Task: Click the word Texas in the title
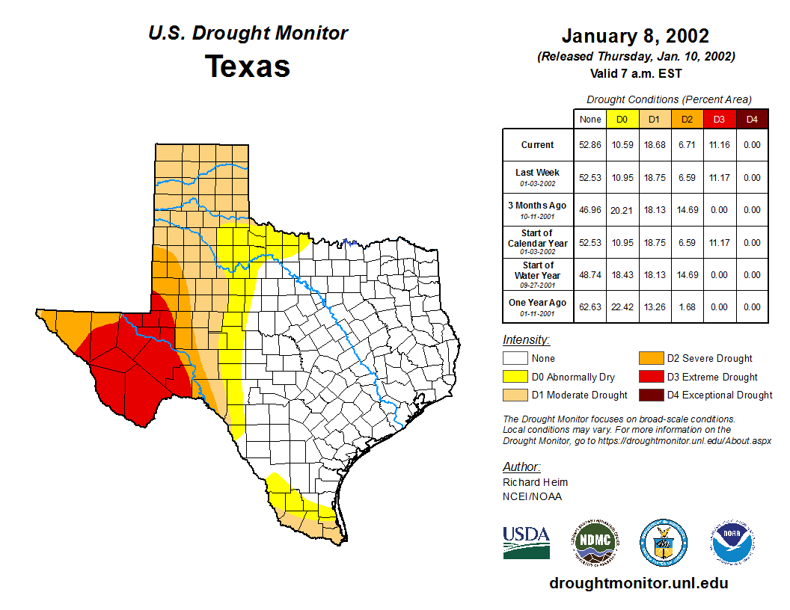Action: pos(248,67)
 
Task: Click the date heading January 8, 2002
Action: pos(635,36)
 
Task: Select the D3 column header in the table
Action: pos(719,119)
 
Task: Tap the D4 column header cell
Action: pos(752,119)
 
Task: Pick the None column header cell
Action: pos(590,119)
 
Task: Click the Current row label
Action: pos(538,145)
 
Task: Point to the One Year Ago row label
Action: pos(538,303)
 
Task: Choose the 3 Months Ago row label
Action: pos(538,206)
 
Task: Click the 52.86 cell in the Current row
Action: pos(590,145)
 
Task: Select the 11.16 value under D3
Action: pos(719,145)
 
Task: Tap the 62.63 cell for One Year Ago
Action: pos(590,306)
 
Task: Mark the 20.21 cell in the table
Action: pos(622,210)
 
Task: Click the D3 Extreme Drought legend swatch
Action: pos(650,377)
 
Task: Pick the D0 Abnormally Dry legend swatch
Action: pos(515,377)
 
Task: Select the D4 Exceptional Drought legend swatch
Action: pos(650,395)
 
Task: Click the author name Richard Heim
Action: pos(535,482)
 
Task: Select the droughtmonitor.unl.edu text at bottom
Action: pos(638,583)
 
